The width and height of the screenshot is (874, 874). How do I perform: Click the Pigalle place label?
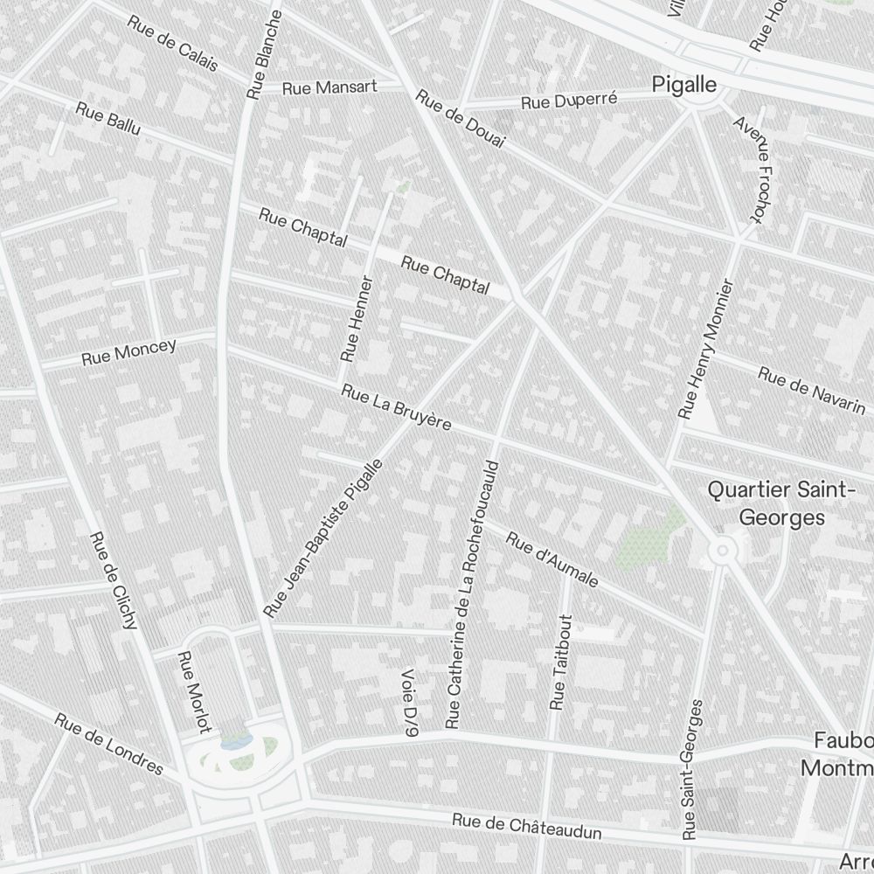tap(684, 85)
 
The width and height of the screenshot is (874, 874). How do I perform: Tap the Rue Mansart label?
tap(329, 87)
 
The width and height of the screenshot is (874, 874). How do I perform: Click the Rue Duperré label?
tap(569, 101)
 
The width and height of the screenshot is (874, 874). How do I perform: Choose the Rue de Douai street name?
tap(461, 123)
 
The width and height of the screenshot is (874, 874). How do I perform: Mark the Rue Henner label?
tap(357, 319)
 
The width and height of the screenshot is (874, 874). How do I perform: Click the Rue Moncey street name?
tap(128, 351)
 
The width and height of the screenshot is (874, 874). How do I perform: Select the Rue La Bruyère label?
tap(397, 407)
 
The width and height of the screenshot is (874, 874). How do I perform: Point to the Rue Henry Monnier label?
tap(706, 348)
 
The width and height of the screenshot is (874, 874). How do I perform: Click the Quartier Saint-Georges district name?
tap(780, 503)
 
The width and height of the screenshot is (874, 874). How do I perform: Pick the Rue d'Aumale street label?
tap(552, 559)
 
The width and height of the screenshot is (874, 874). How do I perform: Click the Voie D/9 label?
tap(409, 704)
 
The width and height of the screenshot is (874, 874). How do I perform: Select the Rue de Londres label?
tap(109, 744)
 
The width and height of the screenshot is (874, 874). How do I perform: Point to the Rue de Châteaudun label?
tap(527, 826)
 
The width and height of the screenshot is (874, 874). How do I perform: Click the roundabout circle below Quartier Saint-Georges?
tap(722, 550)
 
